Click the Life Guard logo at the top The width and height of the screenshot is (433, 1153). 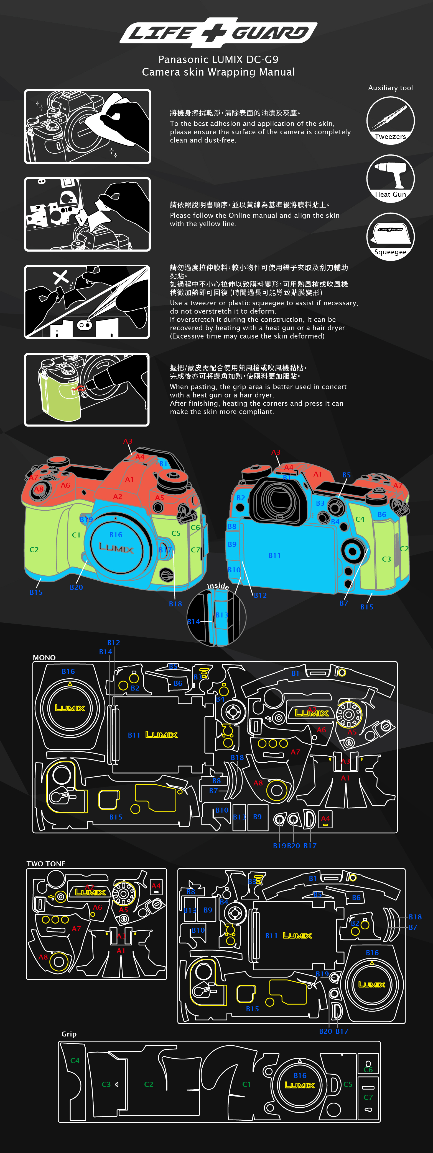coord(218,32)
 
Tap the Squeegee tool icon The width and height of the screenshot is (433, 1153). coord(390,236)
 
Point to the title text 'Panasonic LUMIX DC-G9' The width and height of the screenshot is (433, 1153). coord(218,60)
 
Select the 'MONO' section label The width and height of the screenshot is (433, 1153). coord(44,658)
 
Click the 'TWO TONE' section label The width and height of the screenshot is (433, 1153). coord(46,864)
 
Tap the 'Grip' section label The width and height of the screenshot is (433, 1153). coord(69,1034)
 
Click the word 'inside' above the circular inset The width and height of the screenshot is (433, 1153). coord(218,586)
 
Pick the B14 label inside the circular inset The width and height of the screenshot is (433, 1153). coord(194,621)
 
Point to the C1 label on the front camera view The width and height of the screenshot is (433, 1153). coord(76,535)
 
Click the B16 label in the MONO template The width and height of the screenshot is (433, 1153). coord(68,671)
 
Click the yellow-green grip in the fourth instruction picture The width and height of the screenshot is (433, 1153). coord(56,394)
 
